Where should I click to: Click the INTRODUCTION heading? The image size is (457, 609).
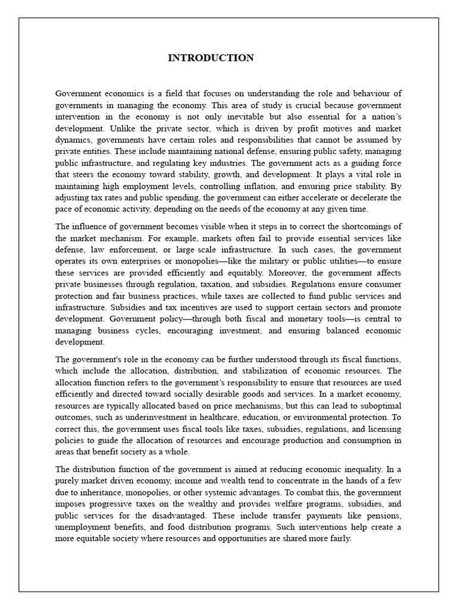(211, 58)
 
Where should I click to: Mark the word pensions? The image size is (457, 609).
(381, 516)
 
